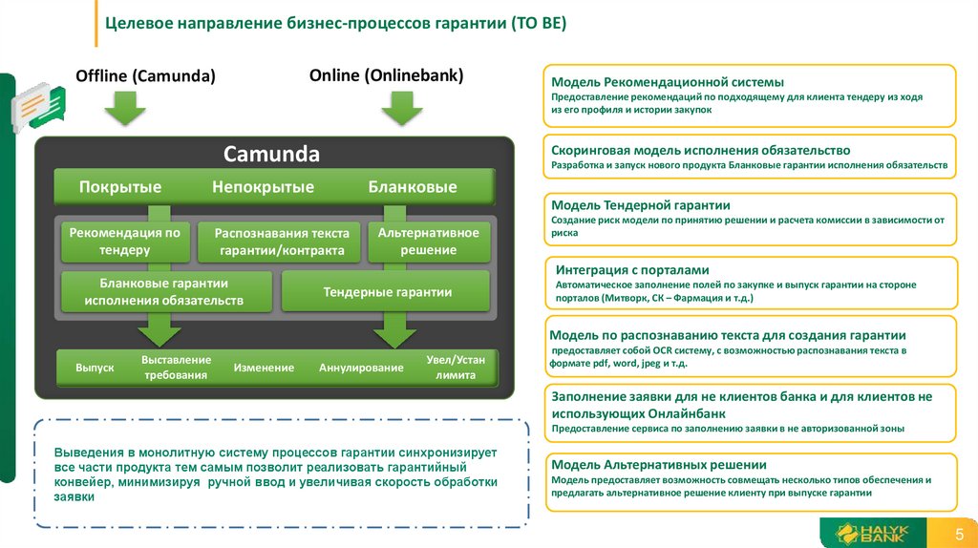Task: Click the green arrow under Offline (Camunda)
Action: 124,108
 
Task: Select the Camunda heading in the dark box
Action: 271,154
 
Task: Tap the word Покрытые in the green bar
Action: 120,187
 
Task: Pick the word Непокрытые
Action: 263,187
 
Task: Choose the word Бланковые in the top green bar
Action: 413,187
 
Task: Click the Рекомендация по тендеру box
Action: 125,242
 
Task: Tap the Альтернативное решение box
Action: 429,242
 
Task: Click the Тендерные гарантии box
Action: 387,292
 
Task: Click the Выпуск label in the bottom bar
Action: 95,368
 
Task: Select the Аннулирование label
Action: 361,368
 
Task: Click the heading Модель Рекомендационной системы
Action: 668,82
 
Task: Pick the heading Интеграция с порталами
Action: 632,270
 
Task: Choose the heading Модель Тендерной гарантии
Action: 641,205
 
